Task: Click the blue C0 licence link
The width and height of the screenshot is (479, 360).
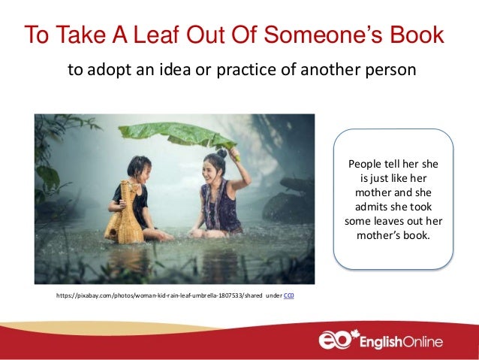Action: coord(289,296)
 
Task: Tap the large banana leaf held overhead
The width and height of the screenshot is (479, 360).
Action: coord(177,134)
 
